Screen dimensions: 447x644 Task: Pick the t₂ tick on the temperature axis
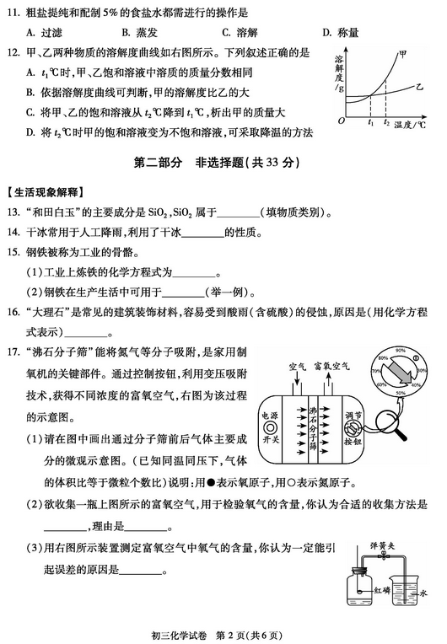(386, 122)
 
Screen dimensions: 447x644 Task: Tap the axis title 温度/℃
(414, 123)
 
